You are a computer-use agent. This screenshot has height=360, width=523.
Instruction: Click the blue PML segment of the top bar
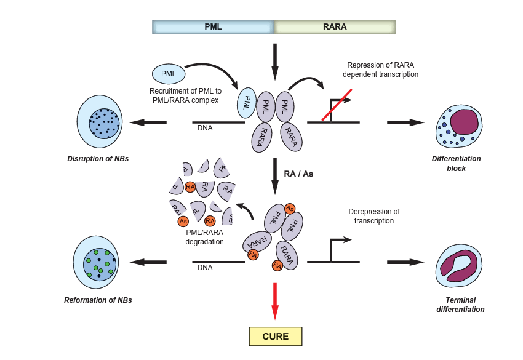pos(213,26)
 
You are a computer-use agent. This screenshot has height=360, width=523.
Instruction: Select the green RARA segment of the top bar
pos(334,26)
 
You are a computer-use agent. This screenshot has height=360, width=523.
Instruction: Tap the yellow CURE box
pos(276,336)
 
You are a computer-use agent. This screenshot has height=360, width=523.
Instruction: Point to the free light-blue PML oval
pos(169,74)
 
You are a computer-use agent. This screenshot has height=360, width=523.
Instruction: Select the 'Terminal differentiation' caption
pos(460,304)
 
